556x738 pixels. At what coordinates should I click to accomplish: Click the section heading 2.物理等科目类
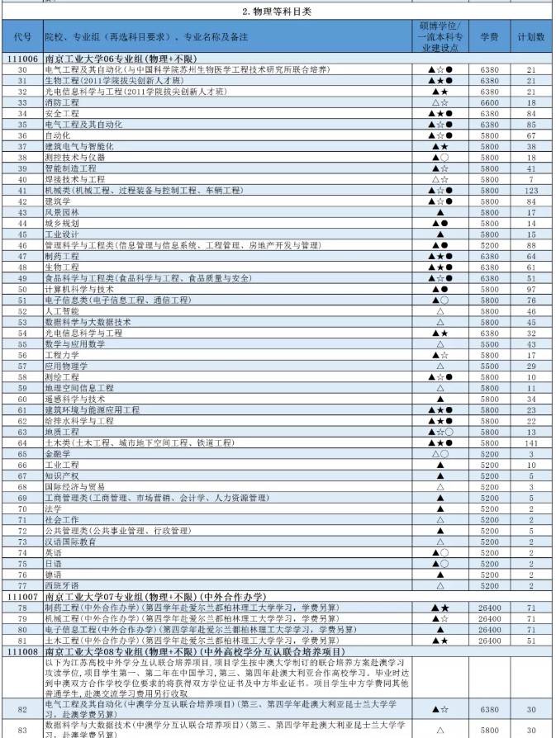tap(278, 12)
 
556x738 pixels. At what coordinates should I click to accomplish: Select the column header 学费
tap(489, 38)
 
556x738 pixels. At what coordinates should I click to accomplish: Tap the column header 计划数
tap(530, 38)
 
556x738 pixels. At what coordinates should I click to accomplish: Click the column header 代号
tap(22, 38)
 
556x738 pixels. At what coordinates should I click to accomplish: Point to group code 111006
tap(22, 60)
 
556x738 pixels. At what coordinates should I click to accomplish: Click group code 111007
tap(22, 595)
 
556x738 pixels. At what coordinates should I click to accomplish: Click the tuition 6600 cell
tap(489, 102)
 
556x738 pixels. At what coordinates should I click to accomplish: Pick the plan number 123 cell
tap(530, 190)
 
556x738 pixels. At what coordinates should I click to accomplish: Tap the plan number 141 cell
tap(530, 442)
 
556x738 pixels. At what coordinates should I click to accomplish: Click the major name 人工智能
tap(62, 311)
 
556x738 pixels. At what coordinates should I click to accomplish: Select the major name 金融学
tap(56, 453)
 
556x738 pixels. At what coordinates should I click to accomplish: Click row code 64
tap(22, 442)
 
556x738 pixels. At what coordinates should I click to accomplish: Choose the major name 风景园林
tap(62, 212)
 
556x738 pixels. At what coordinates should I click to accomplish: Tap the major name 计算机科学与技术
tap(79, 289)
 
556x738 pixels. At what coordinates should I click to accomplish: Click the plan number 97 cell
tap(530, 289)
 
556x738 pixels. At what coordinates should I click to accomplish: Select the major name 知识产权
tap(62, 475)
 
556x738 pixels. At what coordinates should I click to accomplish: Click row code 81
tap(22, 639)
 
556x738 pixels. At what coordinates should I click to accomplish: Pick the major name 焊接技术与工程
tap(74, 179)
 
